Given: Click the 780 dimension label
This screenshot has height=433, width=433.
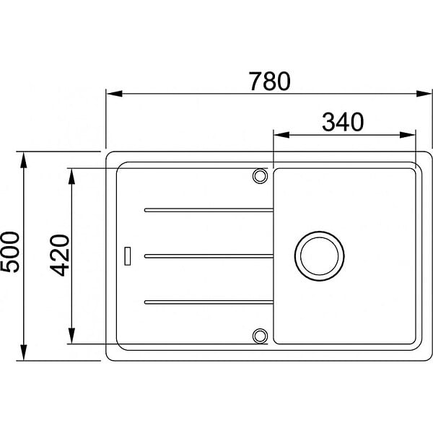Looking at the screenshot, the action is [269, 81].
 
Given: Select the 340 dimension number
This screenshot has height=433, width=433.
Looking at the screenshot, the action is [343, 122].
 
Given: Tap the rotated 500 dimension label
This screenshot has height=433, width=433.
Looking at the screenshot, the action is [10, 252].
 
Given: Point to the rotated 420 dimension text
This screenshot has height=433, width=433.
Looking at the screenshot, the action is [59, 255].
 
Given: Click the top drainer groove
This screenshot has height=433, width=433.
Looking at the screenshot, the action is [209, 210].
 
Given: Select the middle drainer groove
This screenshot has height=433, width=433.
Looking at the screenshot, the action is [209, 256].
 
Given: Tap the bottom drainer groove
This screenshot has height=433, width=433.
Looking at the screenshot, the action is [209, 302].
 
